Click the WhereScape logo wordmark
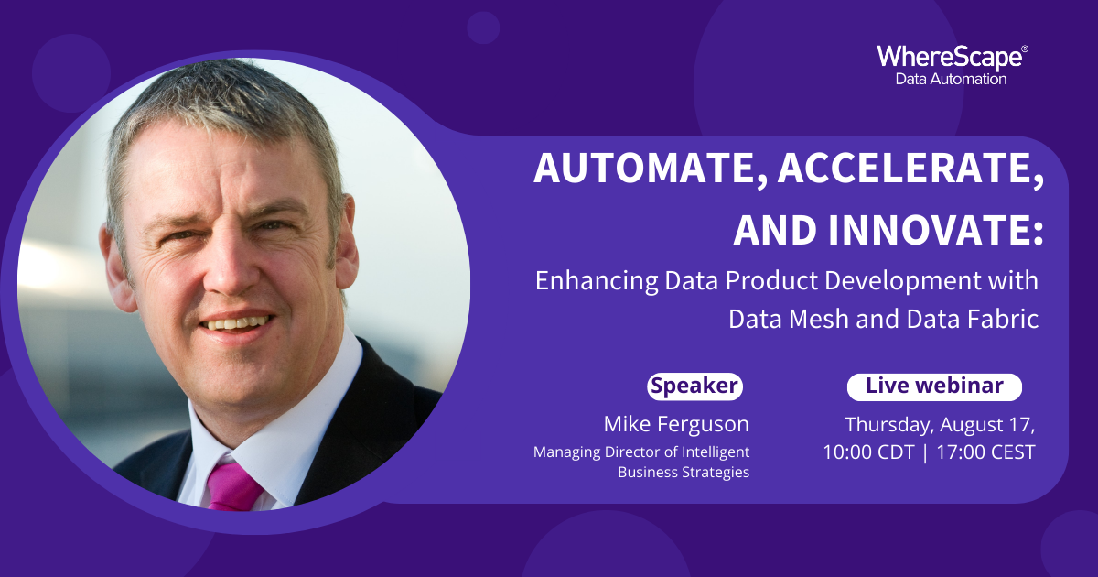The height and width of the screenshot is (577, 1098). click(x=950, y=59)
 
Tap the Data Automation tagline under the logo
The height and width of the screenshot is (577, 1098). click(x=951, y=79)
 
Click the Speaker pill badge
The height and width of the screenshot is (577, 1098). click(x=694, y=386)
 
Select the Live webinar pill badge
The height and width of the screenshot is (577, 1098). click(x=934, y=387)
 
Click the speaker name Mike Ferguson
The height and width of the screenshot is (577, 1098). click(x=676, y=425)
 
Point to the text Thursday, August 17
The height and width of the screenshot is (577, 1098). click(x=940, y=425)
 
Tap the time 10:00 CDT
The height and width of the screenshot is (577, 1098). click(x=868, y=452)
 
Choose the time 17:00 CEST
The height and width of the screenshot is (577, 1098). click(x=985, y=452)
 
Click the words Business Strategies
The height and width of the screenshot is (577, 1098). click(x=684, y=473)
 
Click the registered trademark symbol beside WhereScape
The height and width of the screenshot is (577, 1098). click(x=1025, y=49)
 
